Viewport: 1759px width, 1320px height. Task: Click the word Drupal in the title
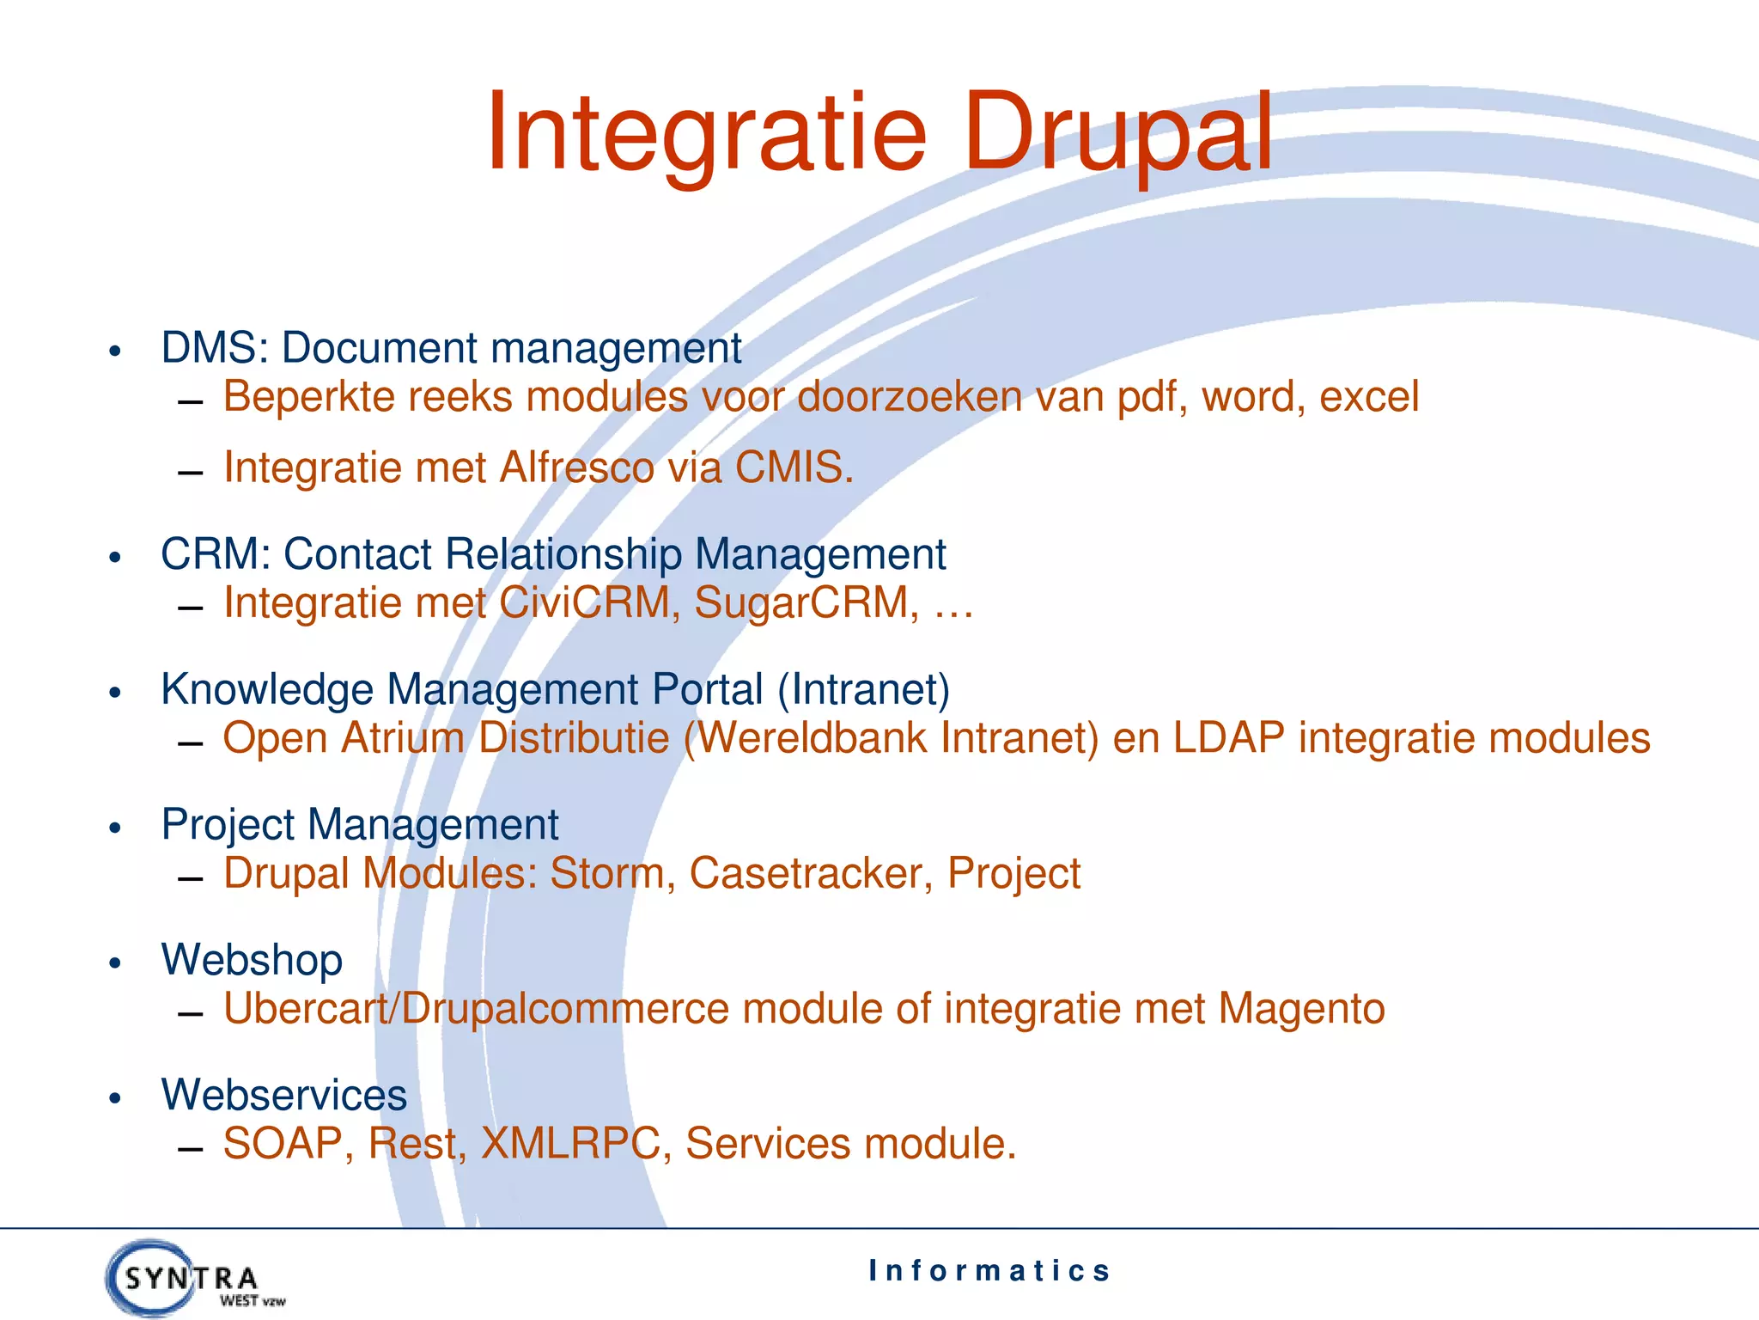point(1117,136)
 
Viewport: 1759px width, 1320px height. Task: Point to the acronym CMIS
point(793,468)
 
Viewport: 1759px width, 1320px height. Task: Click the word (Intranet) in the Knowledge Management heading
point(863,690)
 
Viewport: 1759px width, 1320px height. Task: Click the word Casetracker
point(810,874)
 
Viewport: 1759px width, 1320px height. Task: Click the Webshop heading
point(252,960)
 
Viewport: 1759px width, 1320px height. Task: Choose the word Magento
point(1301,1009)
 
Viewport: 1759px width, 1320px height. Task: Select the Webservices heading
point(283,1096)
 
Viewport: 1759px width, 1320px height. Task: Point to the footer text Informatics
point(989,1271)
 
